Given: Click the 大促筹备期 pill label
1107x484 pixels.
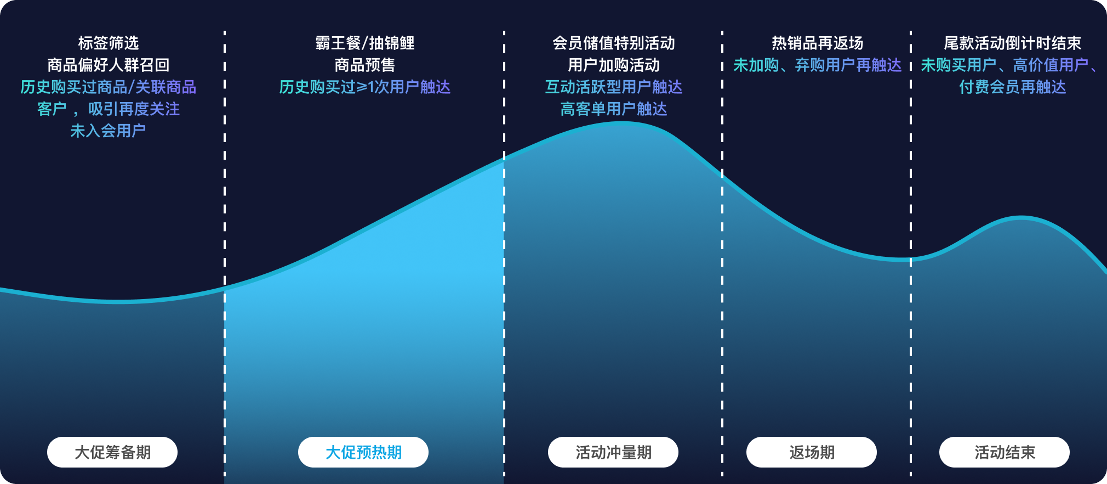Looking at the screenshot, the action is [x=112, y=452].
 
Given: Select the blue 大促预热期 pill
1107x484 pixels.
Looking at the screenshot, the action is [x=363, y=452].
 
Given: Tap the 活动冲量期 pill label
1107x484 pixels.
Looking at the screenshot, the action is [x=613, y=452].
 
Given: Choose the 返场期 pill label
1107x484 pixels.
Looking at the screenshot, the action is [x=812, y=452].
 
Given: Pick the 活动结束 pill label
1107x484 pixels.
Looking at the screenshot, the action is [x=1005, y=452].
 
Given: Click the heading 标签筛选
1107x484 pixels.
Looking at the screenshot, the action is [x=109, y=43].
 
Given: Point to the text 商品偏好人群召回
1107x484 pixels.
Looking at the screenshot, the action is [x=109, y=65].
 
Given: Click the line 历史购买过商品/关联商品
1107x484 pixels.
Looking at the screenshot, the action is [x=109, y=87].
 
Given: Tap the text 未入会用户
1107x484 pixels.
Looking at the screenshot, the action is [x=109, y=131].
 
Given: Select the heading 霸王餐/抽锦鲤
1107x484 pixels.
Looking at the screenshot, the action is [x=365, y=43].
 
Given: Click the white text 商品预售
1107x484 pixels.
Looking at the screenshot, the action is [x=365, y=65].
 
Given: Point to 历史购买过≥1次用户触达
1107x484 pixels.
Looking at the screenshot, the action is [x=365, y=87].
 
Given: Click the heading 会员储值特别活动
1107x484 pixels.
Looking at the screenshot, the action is [x=614, y=43].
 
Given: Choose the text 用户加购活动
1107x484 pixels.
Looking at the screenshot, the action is [x=614, y=65].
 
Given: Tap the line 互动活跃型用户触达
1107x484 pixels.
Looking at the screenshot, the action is [x=614, y=87].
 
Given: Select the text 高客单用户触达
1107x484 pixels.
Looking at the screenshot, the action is [x=614, y=109].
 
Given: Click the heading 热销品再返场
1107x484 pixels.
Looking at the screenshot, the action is [x=818, y=43].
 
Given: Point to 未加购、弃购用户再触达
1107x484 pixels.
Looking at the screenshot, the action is [x=818, y=65].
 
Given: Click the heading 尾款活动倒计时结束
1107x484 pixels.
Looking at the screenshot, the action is [x=1013, y=43].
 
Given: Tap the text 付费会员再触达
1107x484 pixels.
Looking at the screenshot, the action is [x=1013, y=87].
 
